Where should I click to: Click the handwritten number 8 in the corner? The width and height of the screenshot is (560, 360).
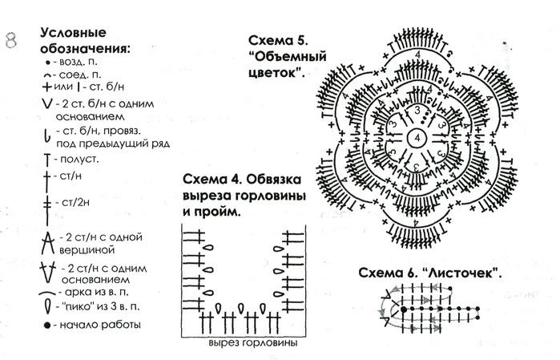[x=11, y=40]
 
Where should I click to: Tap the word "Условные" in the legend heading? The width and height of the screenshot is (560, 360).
[x=73, y=33]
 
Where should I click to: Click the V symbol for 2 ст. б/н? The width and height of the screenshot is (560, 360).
[x=46, y=103]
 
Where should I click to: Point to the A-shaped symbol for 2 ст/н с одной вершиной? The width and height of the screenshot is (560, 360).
[x=47, y=243]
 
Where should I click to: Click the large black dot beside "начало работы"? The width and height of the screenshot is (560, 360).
[x=47, y=326]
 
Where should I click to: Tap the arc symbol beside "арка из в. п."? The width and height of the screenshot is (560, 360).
[x=47, y=293]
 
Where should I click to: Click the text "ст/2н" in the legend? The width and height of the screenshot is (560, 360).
[x=76, y=203]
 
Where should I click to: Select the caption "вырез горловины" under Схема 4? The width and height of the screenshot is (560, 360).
[x=253, y=343]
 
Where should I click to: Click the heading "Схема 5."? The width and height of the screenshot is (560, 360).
[x=278, y=40]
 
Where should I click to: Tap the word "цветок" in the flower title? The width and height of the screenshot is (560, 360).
[x=273, y=73]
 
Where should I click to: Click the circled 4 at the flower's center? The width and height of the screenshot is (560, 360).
[x=417, y=138]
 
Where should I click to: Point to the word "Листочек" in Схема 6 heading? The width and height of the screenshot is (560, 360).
[x=461, y=273]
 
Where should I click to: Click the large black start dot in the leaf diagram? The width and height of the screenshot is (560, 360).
[x=404, y=309]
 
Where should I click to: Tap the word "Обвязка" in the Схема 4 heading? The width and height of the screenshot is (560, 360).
[x=273, y=179]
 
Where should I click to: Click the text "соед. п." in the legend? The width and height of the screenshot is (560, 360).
[x=80, y=75]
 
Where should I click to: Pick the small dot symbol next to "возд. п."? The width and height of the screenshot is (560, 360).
[x=48, y=63]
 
